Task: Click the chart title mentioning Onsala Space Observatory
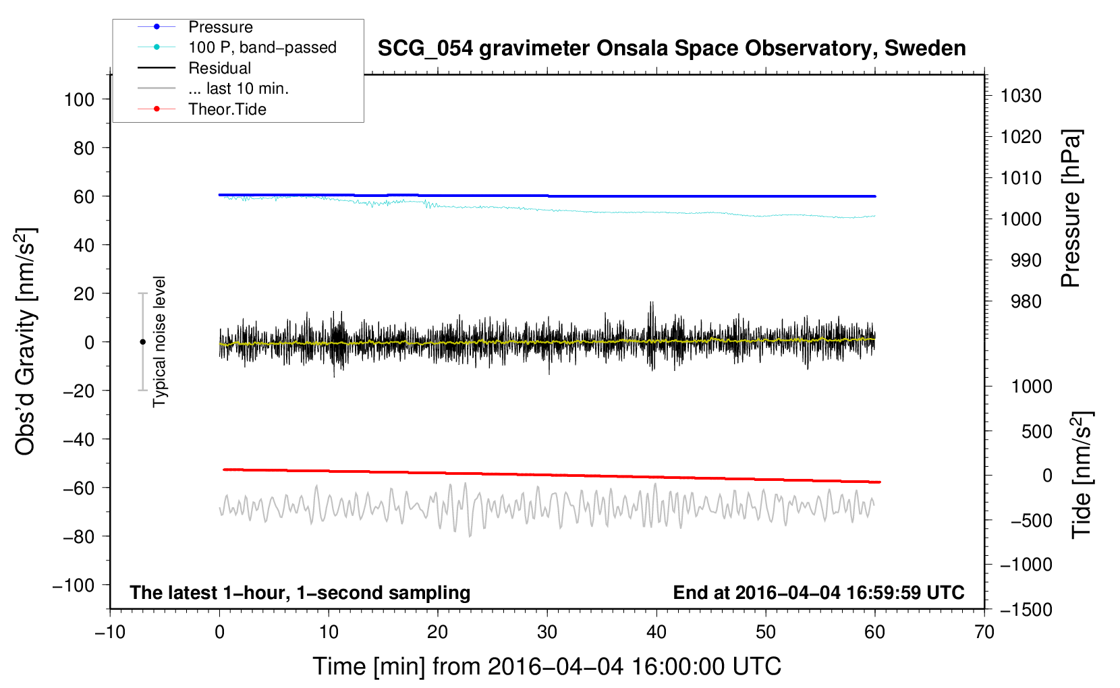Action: [x=671, y=49]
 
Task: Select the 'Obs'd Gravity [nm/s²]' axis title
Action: [x=25, y=341]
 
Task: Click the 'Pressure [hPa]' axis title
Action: [x=1071, y=208]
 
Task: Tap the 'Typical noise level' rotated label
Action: [x=159, y=341]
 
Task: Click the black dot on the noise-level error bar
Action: [x=142, y=342]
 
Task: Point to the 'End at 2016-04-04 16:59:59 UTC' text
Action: [x=818, y=592]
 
